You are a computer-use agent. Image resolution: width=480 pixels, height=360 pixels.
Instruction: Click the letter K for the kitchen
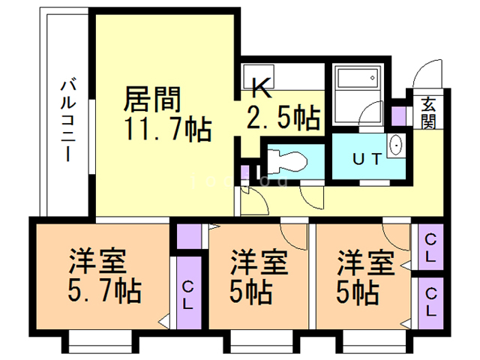(x=259, y=89)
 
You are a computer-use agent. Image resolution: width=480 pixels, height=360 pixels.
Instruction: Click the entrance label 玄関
(x=428, y=113)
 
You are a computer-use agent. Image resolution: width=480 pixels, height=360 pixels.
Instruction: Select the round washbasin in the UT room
(x=395, y=144)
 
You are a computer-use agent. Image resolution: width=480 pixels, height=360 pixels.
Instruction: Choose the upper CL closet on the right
(x=431, y=247)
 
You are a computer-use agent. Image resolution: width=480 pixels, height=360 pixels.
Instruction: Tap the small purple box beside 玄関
(x=399, y=115)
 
